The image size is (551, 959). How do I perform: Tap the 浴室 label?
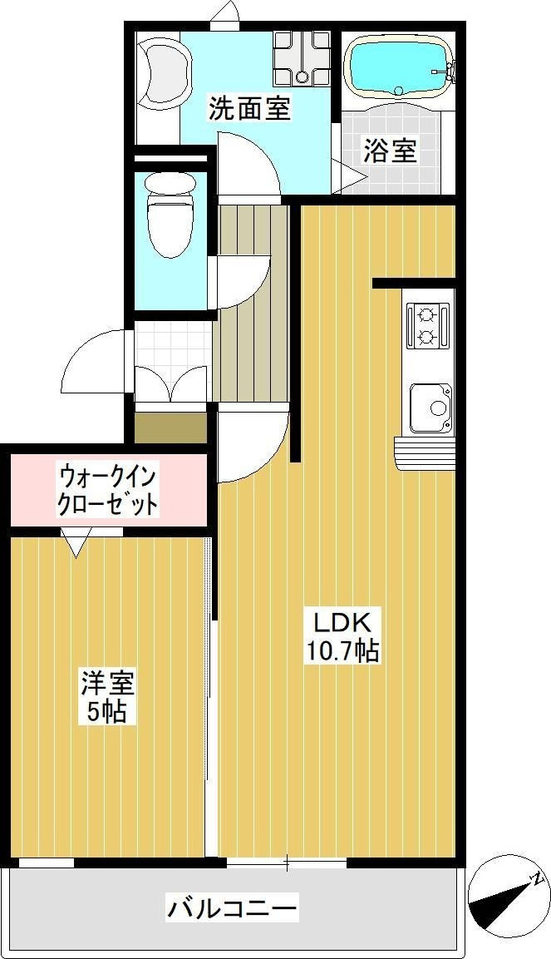pos(391,151)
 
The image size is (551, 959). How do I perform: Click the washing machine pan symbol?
pos(302,58)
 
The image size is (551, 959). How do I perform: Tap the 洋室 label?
pos(108,684)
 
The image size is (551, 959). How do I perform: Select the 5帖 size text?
pos(106,711)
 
